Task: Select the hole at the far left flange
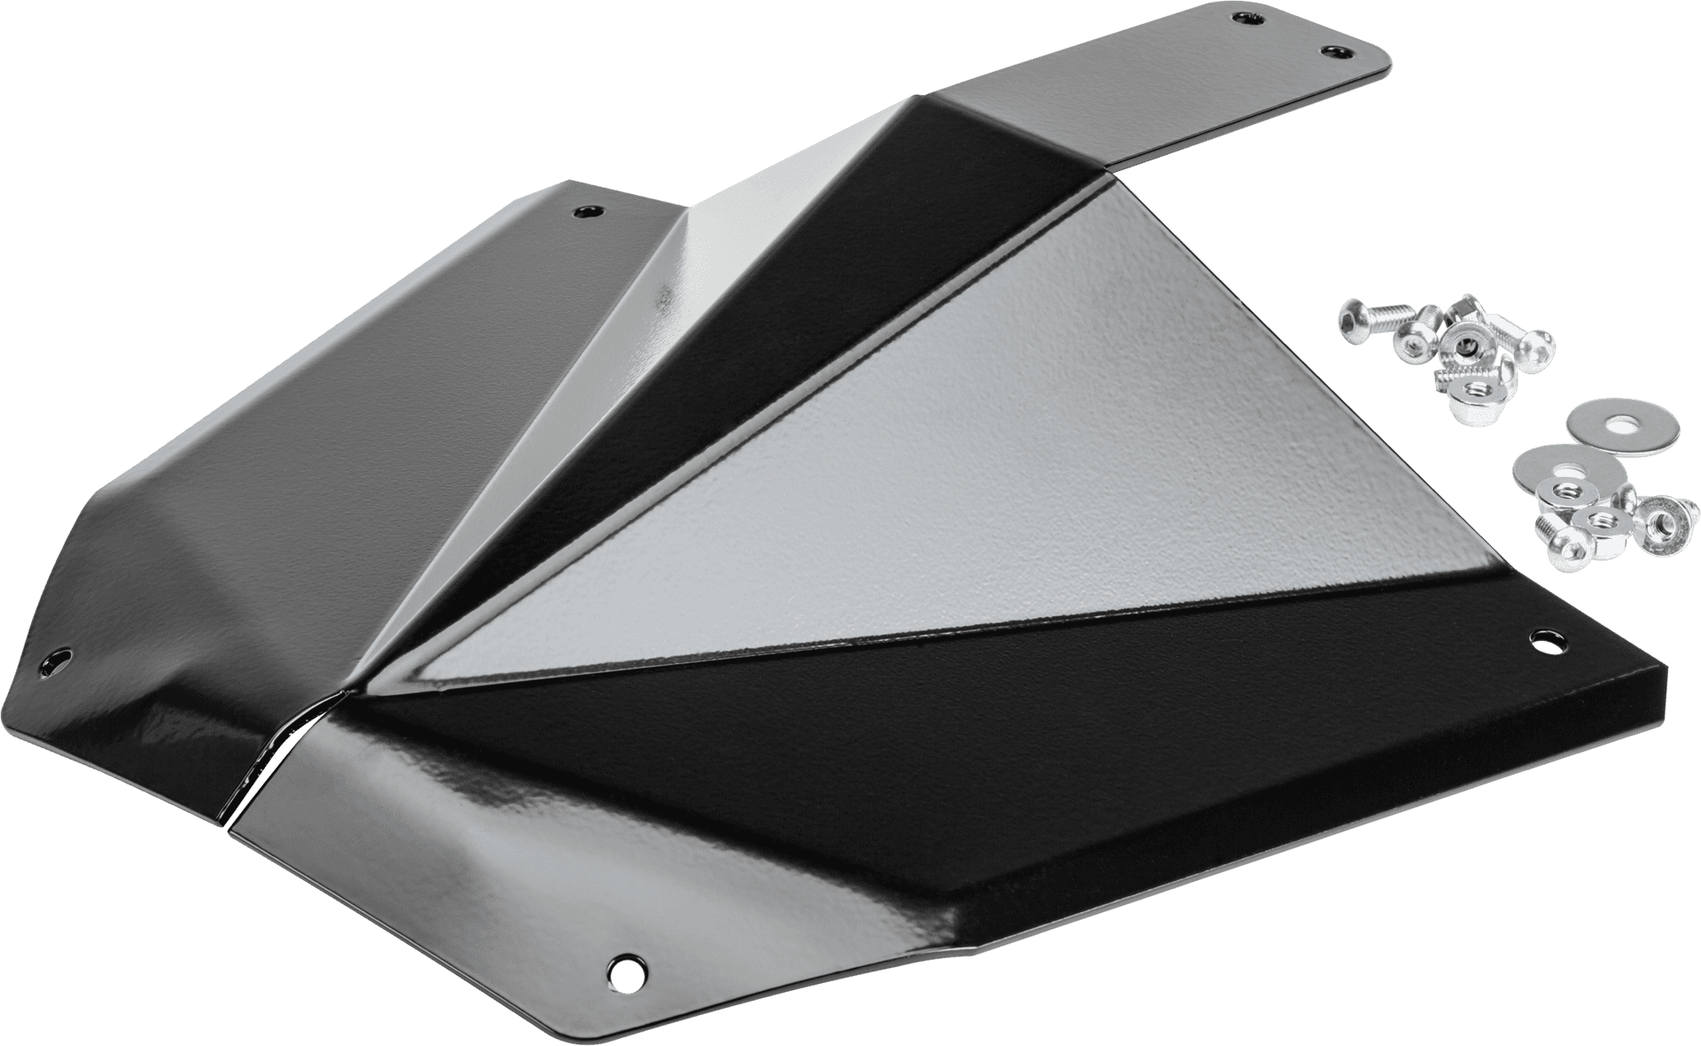(x=60, y=660)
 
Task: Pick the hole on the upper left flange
(x=586, y=211)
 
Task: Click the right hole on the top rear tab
(x=1330, y=51)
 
